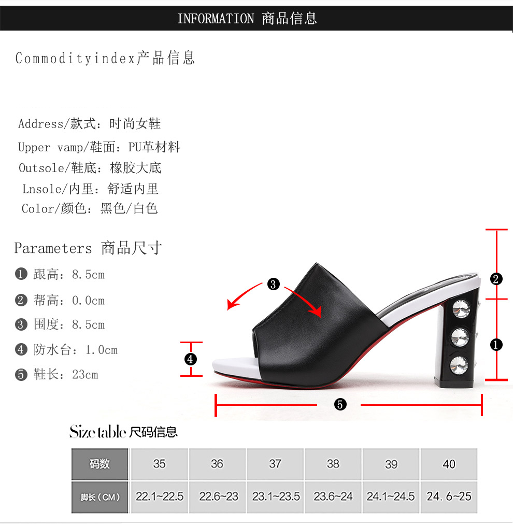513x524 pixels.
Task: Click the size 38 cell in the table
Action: (333, 464)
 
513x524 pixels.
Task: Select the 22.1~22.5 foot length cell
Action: (160, 497)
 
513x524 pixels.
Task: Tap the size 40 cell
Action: (449, 464)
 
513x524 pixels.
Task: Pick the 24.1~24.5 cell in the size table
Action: (391, 497)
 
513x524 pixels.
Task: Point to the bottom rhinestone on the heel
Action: (459, 364)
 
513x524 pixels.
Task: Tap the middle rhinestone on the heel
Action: (460, 337)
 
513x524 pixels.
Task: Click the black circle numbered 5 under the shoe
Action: (340, 405)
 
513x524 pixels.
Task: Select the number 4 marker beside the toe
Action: (191, 359)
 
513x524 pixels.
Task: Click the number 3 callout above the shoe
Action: (273, 284)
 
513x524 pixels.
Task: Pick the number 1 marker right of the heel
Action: (496, 344)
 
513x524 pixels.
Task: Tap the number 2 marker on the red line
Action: (496, 279)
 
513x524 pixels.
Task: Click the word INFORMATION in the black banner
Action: (216, 19)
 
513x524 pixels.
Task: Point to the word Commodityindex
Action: (75, 59)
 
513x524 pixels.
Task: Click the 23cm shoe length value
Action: (85, 374)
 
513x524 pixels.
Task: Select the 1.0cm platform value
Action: (101, 350)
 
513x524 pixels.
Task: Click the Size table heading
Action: (98, 431)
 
